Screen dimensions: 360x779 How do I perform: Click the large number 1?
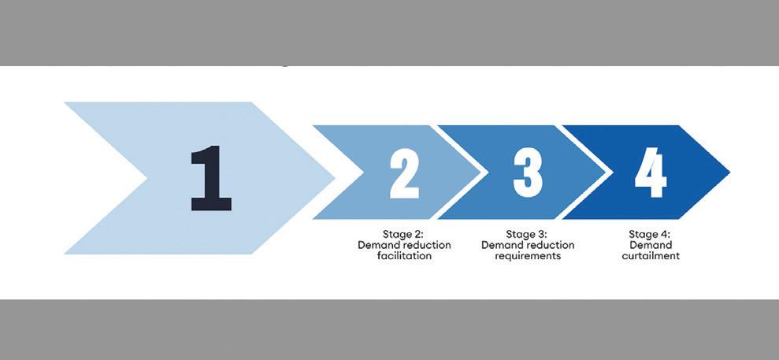(x=211, y=180)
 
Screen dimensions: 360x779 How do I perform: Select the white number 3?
(x=527, y=173)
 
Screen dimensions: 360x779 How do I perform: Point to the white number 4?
(x=651, y=173)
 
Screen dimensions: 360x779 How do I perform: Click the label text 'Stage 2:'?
(x=404, y=234)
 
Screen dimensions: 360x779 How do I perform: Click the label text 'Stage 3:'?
(x=527, y=234)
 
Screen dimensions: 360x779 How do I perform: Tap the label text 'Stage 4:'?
(x=650, y=234)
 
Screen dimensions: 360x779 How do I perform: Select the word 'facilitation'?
(x=404, y=256)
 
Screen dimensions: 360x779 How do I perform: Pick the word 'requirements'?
(x=527, y=256)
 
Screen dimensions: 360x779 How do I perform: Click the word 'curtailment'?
(x=650, y=256)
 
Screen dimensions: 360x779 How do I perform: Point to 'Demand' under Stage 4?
(x=650, y=245)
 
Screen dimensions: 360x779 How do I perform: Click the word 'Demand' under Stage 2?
(x=379, y=245)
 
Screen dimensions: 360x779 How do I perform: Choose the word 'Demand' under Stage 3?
(x=503, y=245)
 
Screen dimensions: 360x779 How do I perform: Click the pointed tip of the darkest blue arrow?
(x=729, y=173)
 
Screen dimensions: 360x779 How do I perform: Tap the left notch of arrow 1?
(x=148, y=178)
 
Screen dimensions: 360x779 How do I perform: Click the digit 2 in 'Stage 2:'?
(x=419, y=234)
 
